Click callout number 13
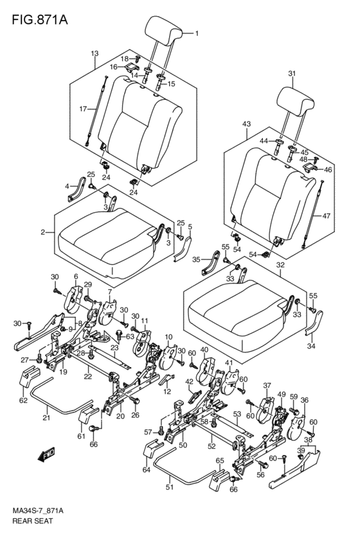tap(95, 54)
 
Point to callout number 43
tap(247, 124)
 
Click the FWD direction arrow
tap(46, 454)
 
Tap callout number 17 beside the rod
tap(83, 109)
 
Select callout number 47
tap(326, 216)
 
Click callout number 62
tap(23, 400)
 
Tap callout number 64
tap(146, 470)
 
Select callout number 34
tap(311, 346)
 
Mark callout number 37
tap(267, 386)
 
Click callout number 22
tap(87, 377)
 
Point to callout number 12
tap(167, 391)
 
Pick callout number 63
tap(130, 337)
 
